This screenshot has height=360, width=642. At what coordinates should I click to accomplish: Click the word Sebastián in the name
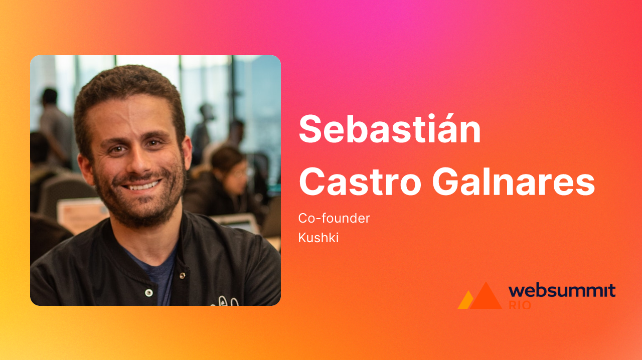[x=390, y=129]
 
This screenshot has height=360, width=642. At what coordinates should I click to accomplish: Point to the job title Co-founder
[x=334, y=219]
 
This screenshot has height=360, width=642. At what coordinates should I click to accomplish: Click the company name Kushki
[x=318, y=238]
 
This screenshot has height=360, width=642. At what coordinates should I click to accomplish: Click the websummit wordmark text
[x=562, y=290]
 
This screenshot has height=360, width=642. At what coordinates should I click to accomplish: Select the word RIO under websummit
[x=520, y=304]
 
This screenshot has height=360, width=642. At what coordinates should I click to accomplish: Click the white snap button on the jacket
[x=148, y=292]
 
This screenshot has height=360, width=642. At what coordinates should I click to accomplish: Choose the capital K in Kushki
[x=302, y=238]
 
